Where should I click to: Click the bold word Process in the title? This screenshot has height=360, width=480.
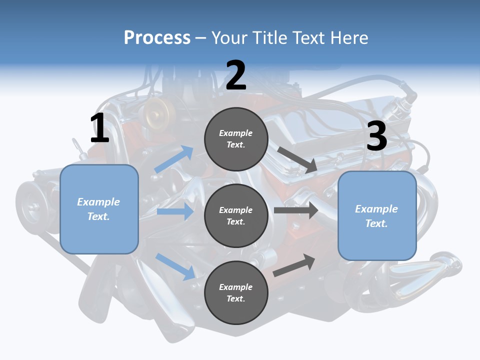click(x=157, y=37)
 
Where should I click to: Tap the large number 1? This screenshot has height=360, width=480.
click(x=99, y=128)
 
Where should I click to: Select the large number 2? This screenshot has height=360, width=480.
click(x=236, y=75)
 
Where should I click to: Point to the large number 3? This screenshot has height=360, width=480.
click(x=377, y=136)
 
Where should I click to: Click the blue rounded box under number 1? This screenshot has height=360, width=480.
click(x=99, y=209)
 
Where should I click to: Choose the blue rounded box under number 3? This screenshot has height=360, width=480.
click(x=377, y=215)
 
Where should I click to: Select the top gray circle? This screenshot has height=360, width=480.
click(x=236, y=138)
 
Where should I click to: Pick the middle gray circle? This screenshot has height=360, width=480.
click(x=236, y=215)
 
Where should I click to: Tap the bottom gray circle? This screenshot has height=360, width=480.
click(x=236, y=292)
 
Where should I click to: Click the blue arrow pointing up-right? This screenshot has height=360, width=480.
click(x=174, y=159)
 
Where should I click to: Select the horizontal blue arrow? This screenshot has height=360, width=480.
click(x=175, y=211)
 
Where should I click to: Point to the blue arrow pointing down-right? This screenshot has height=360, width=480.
click(x=175, y=266)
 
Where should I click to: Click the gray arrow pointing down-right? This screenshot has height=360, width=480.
click(x=297, y=160)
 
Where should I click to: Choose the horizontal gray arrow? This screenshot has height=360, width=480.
click(x=296, y=210)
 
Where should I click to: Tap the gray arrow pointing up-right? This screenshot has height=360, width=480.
click(x=294, y=265)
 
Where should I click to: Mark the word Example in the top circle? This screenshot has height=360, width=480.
click(x=236, y=133)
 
